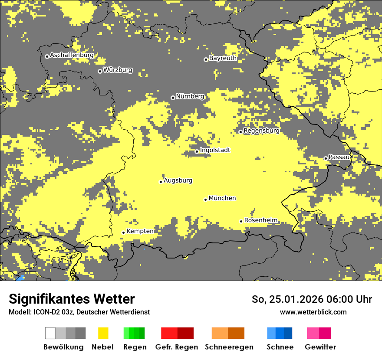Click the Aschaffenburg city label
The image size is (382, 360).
[72, 55]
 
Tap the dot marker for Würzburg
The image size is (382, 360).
[100, 71]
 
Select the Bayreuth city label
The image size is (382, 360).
[223, 58]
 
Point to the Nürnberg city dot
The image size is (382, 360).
[173, 98]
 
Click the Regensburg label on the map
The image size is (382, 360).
[261, 131]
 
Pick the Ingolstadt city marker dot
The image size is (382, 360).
[197, 151]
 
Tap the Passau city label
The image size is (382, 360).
[339, 157]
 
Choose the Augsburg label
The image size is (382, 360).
[178, 180]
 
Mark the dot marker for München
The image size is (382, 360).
[206, 200]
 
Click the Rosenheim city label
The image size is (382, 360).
[260, 220]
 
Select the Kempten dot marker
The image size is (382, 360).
[123, 232]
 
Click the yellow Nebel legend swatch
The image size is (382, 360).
[103, 333]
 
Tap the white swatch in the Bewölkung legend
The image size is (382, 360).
[50, 333]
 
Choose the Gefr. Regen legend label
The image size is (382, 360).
[177, 347]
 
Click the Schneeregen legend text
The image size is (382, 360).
[229, 347]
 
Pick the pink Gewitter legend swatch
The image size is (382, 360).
[313, 333]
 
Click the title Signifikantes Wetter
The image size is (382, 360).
[72, 299]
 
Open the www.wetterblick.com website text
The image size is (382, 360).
[313, 312]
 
